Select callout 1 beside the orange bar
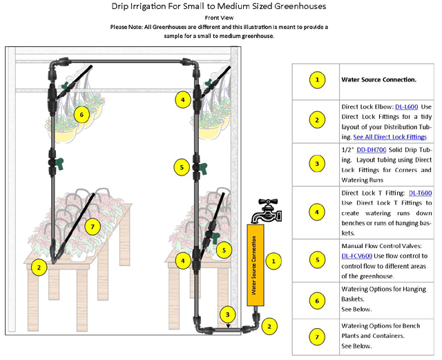[274, 260]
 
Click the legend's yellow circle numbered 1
[316, 79]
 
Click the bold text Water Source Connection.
[378, 79]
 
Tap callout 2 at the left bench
[39, 267]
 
